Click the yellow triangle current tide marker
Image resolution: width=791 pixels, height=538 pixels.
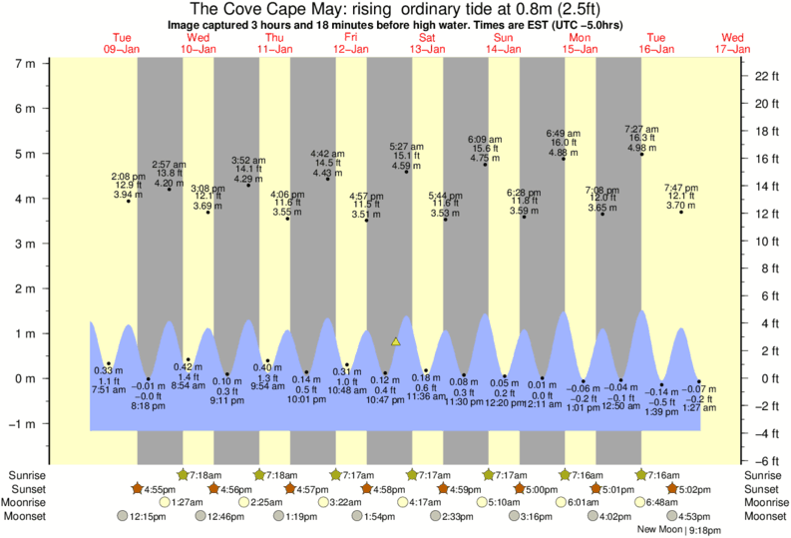(x=395, y=342)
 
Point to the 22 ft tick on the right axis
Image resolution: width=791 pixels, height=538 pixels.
(x=764, y=76)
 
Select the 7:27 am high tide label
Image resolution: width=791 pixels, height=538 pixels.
(x=641, y=129)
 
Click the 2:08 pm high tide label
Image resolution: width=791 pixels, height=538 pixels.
(x=128, y=176)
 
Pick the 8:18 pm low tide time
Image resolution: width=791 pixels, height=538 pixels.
(x=149, y=406)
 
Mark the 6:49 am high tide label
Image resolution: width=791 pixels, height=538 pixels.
(x=563, y=133)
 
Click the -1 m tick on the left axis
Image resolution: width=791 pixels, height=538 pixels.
(x=21, y=423)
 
